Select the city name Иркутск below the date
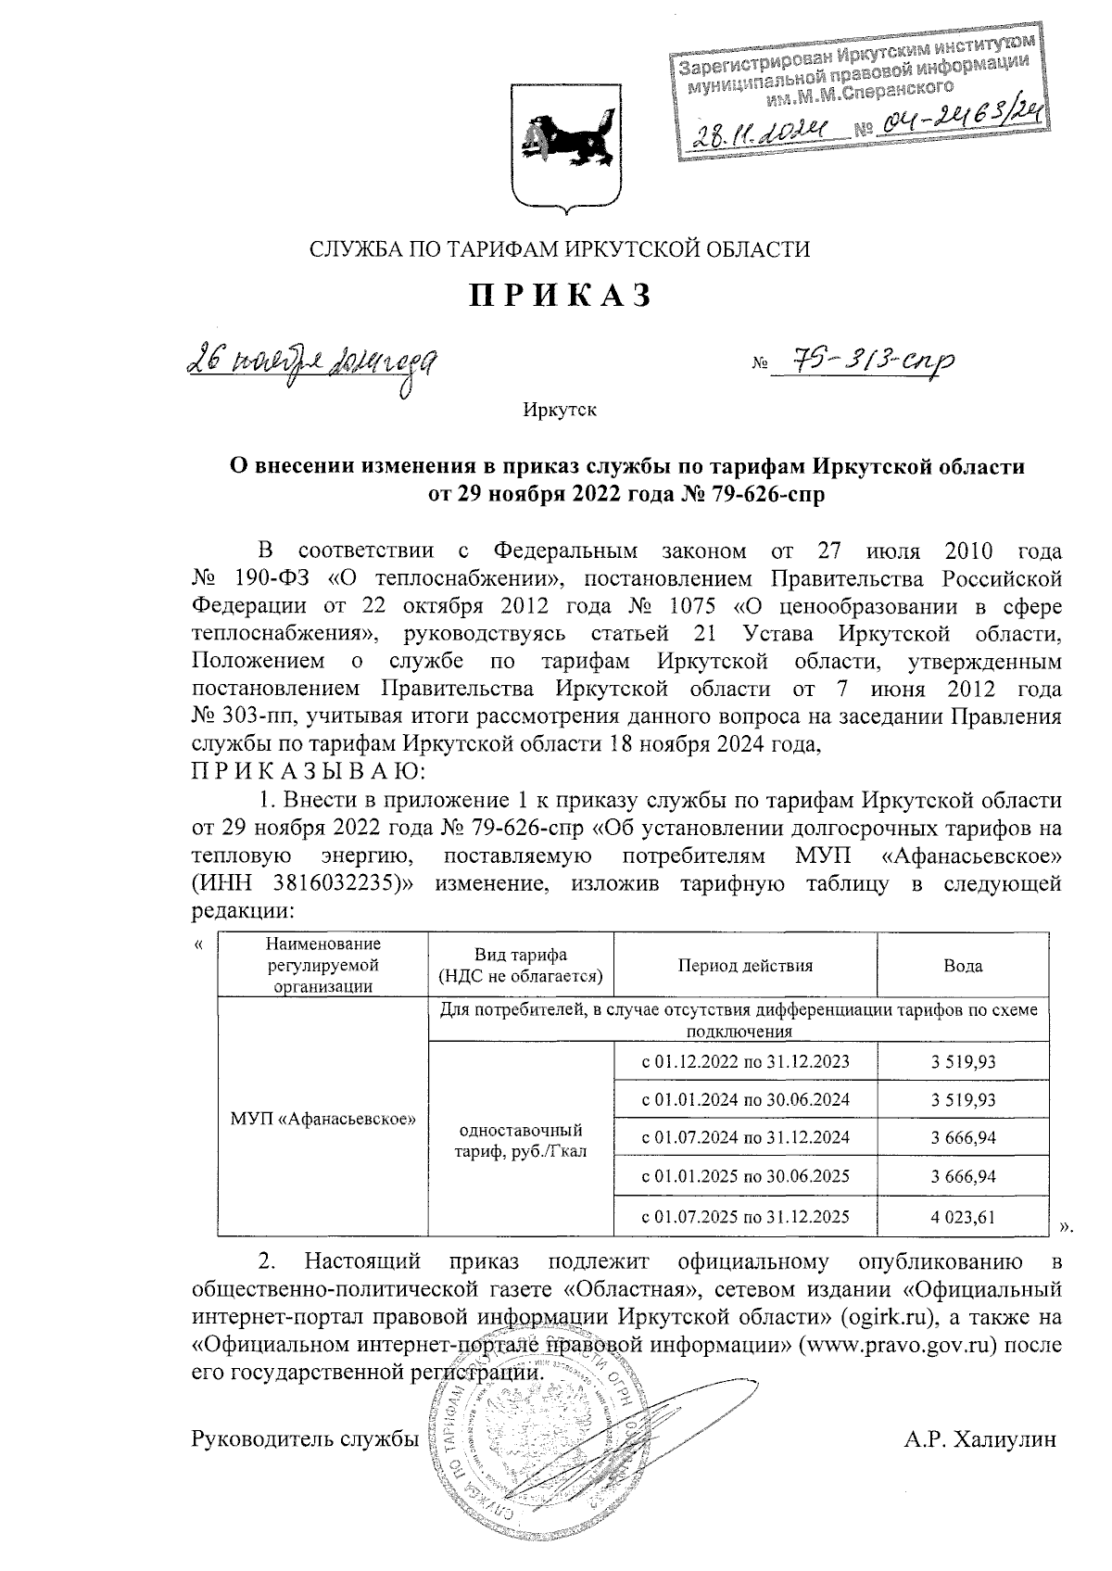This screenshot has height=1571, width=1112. (x=559, y=410)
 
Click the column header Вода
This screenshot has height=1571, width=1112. (x=963, y=965)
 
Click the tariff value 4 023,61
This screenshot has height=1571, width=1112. (x=963, y=1216)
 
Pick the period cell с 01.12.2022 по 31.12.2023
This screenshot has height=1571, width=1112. (x=745, y=1061)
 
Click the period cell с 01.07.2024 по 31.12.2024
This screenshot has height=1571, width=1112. (x=745, y=1137)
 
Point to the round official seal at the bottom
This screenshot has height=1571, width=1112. (x=528, y=1446)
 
